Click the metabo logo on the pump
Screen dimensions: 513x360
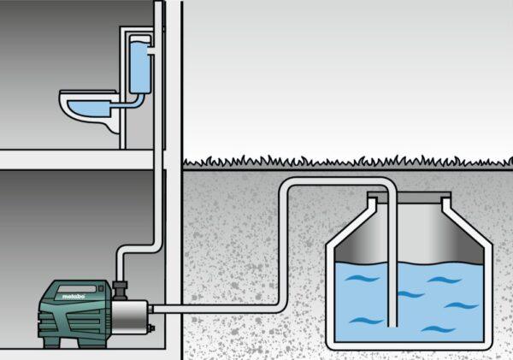point(74,297)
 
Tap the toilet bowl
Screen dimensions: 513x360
point(89,110)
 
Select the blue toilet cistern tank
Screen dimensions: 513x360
point(140,65)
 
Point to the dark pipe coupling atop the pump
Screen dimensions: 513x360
point(120,290)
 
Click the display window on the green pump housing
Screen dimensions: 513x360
point(77,289)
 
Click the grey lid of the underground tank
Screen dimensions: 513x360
point(409,198)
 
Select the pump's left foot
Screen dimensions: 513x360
point(51,342)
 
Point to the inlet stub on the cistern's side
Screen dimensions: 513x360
point(152,50)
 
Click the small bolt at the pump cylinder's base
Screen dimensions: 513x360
point(151,328)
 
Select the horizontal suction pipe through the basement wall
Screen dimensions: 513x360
point(216,309)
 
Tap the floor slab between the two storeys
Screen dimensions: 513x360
point(77,160)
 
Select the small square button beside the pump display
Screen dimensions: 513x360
point(101,289)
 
